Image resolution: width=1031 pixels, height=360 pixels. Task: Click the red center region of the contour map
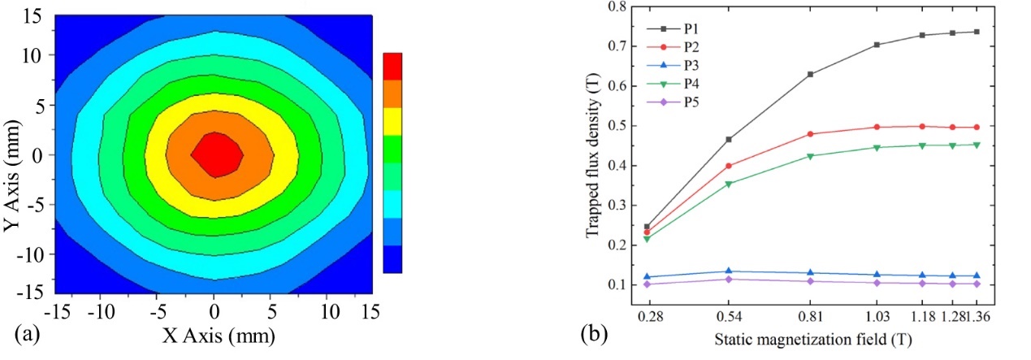click(214, 154)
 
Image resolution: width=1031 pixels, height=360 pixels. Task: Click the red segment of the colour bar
click(392, 66)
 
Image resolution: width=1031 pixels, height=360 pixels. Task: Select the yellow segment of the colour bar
click(392, 121)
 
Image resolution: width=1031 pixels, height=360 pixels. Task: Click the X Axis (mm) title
click(214, 335)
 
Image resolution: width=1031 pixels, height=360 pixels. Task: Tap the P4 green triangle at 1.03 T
click(877, 148)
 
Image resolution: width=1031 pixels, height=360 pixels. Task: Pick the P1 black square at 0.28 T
click(648, 227)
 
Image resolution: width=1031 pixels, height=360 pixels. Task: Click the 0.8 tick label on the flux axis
click(617, 7)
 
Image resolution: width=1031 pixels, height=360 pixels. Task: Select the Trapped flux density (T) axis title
click(595, 154)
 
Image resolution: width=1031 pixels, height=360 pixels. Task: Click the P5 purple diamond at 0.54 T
click(729, 280)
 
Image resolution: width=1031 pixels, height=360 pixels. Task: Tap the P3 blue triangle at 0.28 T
click(648, 276)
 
